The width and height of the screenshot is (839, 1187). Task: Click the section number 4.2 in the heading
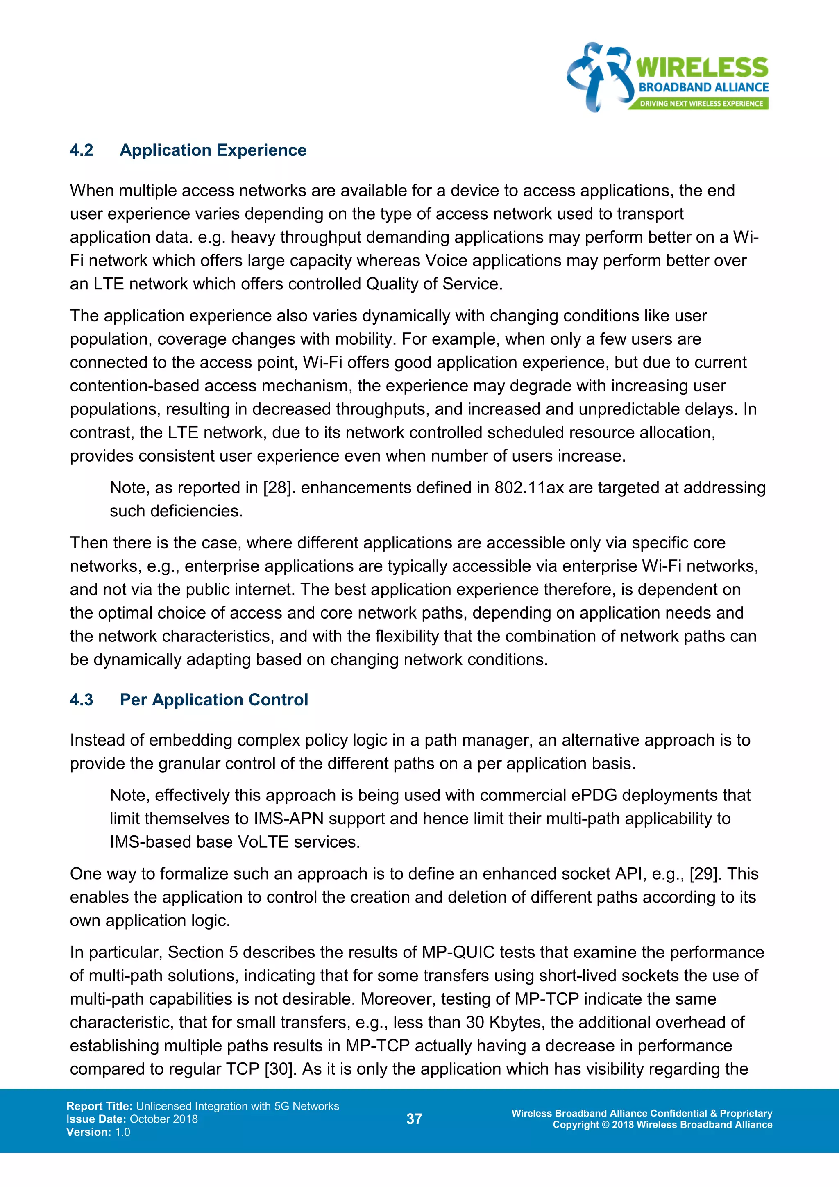(x=82, y=150)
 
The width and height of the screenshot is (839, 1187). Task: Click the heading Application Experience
(x=213, y=150)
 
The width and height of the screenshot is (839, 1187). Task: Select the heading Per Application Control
(x=214, y=700)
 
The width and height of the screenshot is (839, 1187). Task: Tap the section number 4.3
(x=82, y=700)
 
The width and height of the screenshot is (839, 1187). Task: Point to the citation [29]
(x=707, y=874)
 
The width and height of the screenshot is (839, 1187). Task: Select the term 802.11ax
(x=529, y=487)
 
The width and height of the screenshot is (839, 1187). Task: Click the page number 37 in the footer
(x=414, y=1119)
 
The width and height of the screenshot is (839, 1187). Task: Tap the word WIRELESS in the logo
(x=702, y=68)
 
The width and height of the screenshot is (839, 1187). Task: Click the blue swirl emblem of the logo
(x=599, y=77)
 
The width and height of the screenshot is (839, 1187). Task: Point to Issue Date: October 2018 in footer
(x=132, y=1119)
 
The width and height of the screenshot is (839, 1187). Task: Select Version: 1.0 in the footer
(x=98, y=1132)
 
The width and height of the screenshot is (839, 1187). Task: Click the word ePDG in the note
(x=594, y=795)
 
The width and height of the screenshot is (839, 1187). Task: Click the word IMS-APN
(x=289, y=819)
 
